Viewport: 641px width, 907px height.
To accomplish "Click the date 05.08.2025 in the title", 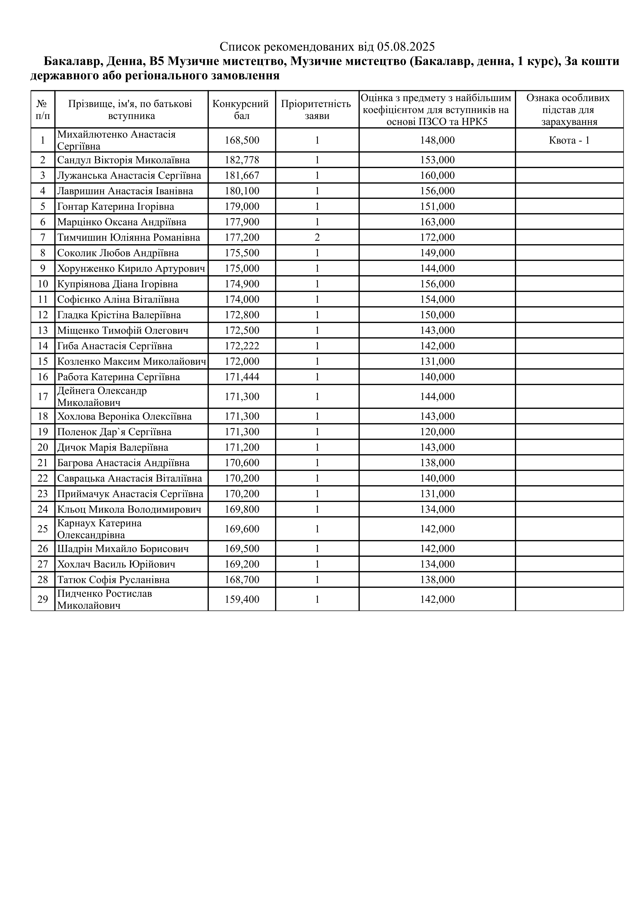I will pyautogui.click(x=406, y=47).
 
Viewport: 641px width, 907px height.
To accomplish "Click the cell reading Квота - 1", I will pyautogui.click(x=569, y=140).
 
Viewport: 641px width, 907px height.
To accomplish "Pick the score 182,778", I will pyautogui.click(x=242, y=160).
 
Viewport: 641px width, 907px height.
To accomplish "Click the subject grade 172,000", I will pyautogui.click(x=437, y=237).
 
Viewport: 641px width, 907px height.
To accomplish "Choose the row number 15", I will pyautogui.click(x=43, y=362).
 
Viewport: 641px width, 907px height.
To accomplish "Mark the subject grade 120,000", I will pyautogui.click(x=437, y=432).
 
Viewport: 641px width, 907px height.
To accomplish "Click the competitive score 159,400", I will pyautogui.click(x=242, y=600).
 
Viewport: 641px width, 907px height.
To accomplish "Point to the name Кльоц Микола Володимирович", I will pyautogui.click(x=129, y=509).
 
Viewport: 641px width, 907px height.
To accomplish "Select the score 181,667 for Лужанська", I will pyautogui.click(x=242, y=175).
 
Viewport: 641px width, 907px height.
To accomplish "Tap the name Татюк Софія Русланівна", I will pyautogui.click(x=113, y=580).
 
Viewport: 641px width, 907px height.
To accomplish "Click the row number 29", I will pyautogui.click(x=43, y=600).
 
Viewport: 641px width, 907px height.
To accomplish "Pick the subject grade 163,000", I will pyautogui.click(x=437, y=222).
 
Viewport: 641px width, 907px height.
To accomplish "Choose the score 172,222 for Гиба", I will pyautogui.click(x=242, y=346).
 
